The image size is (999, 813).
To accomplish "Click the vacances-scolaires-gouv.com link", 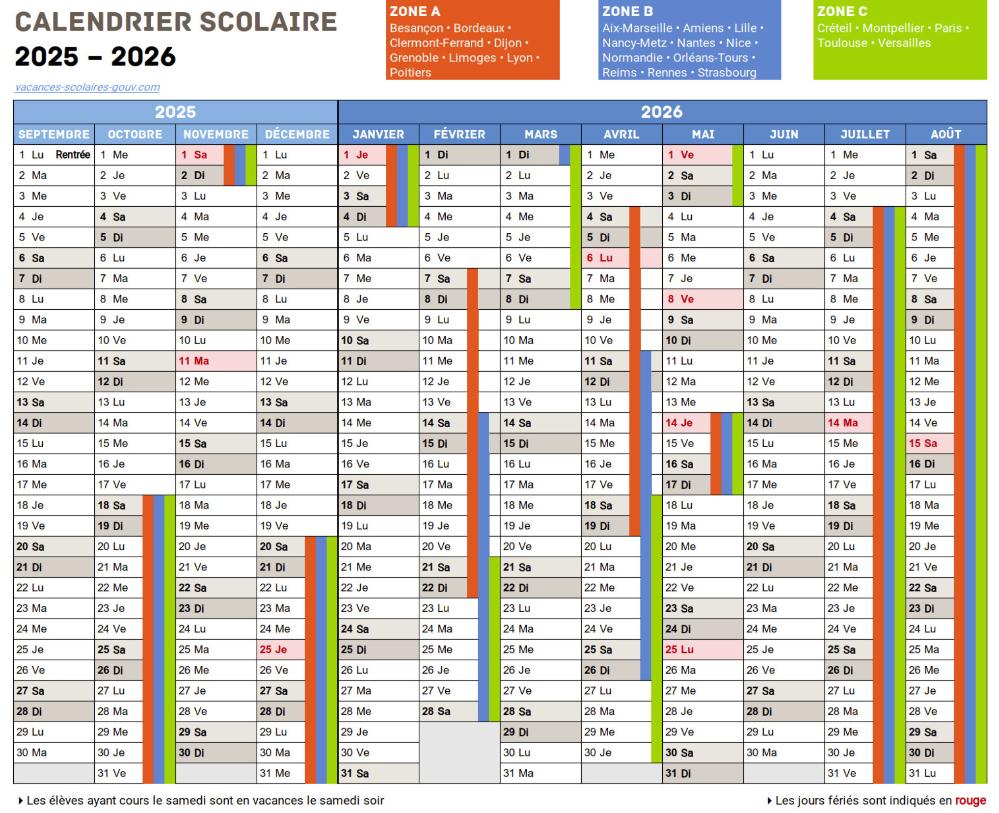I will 87,87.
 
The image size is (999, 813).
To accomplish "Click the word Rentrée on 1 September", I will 73,155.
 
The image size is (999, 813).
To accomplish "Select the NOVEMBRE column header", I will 216,135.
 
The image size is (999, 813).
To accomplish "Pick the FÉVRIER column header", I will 459,135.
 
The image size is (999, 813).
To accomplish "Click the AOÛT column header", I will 946,135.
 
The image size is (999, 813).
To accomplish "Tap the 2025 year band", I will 175,112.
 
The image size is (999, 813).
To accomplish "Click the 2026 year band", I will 662,112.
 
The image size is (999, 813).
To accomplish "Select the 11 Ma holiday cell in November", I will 194,361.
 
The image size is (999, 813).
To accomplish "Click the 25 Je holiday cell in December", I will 273,650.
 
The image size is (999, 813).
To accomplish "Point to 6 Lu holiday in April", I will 599,258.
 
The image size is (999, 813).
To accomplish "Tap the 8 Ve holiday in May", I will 680,299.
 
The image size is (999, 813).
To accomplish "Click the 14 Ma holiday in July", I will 843,423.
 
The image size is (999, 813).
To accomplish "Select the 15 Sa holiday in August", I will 923,443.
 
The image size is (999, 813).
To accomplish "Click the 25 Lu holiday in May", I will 679,650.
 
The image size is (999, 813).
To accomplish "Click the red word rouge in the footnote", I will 970,800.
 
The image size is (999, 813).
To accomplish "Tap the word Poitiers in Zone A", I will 410,73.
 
